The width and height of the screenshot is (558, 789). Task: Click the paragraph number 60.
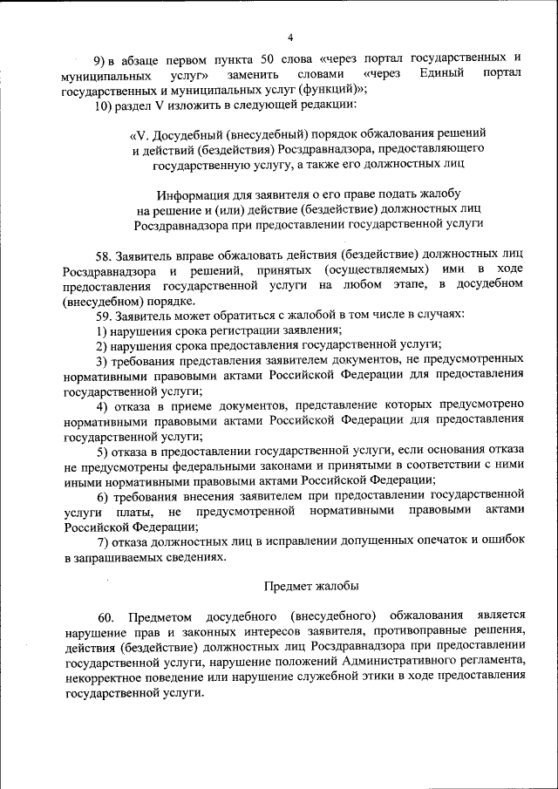click(x=105, y=616)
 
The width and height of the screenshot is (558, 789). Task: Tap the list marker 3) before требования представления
click(x=102, y=359)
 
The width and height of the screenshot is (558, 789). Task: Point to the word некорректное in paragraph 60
click(x=103, y=677)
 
